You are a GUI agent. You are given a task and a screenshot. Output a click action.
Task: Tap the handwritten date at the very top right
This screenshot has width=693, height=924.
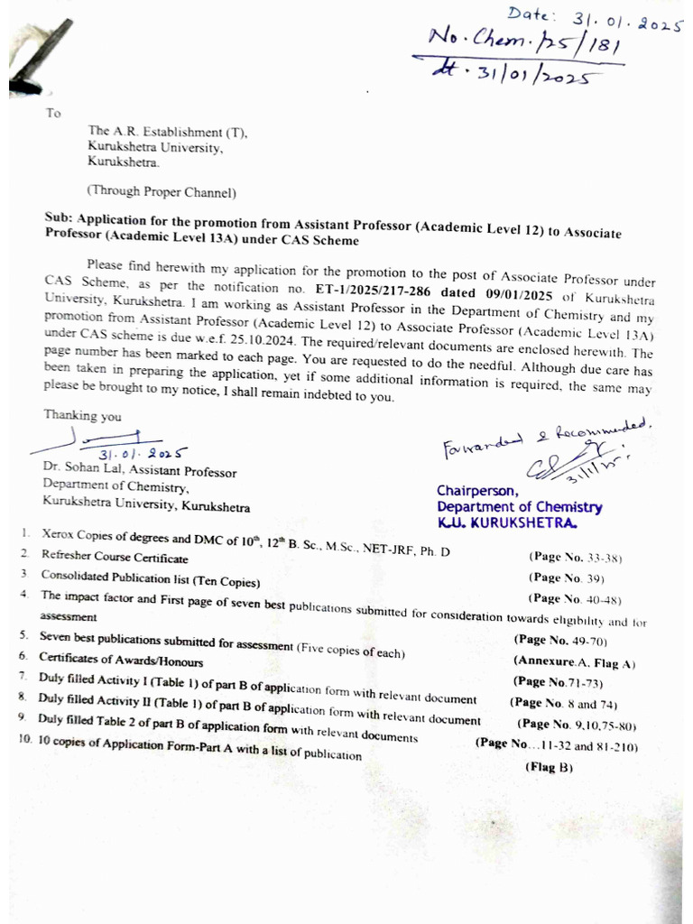[x=596, y=18]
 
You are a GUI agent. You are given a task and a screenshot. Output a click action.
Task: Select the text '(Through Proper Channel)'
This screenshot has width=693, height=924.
[x=161, y=191]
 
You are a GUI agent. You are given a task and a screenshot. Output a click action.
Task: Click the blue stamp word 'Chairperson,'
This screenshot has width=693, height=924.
[x=477, y=491]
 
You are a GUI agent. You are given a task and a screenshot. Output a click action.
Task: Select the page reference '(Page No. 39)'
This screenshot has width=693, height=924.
[x=566, y=577]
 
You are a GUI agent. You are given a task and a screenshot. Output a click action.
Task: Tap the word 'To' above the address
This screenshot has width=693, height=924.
[x=53, y=114]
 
